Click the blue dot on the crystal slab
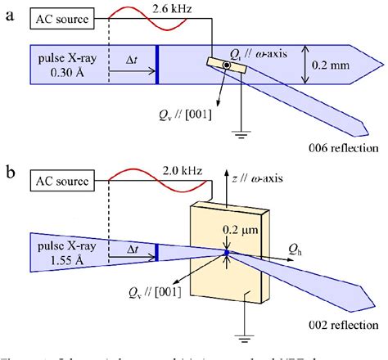[227, 254]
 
